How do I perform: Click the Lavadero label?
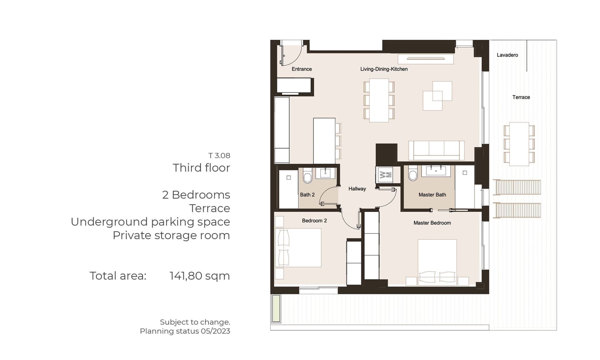[507, 55]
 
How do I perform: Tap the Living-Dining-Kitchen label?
[384, 69]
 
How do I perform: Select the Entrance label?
[302, 69]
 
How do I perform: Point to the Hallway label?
[357, 189]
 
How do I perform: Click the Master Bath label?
[432, 195]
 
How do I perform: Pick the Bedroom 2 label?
[314, 221]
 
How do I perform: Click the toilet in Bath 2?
[307, 176]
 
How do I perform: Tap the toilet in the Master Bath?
[413, 173]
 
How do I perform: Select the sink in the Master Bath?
[436, 171]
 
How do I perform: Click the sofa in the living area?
[436, 150]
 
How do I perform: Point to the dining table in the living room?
[379, 100]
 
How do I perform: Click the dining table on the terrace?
[519, 144]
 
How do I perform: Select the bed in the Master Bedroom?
[437, 262]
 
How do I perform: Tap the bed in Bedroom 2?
[298, 247]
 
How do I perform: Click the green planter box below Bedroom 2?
[276, 308]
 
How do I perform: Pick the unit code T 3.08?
[219, 155]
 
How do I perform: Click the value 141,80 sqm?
[200, 276]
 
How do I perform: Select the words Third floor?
[201, 168]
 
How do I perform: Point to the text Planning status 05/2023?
[185, 331]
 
